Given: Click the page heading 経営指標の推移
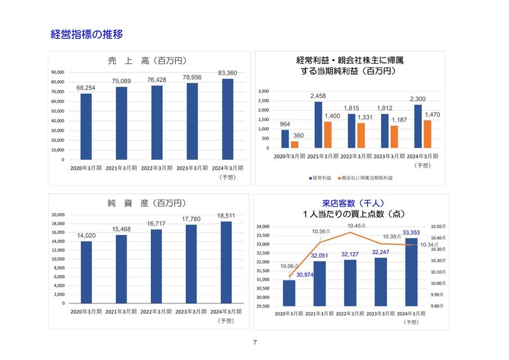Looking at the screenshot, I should pyautogui.click(x=86, y=34).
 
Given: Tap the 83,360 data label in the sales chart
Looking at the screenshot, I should pyautogui.click(x=227, y=73).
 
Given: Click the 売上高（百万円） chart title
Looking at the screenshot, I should pyautogui.click(x=146, y=61).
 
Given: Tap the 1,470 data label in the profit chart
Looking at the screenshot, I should pyautogui.click(x=431, y=114).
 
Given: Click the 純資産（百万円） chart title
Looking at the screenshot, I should pyautogui.click(x=146, y=204).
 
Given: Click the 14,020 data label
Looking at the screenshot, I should pyautogui.click(x=86, y=235).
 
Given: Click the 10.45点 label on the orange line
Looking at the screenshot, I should pyautogui.click(x=357, y=225).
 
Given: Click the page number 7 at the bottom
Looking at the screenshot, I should pyautogui.click(x=254, y=343).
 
